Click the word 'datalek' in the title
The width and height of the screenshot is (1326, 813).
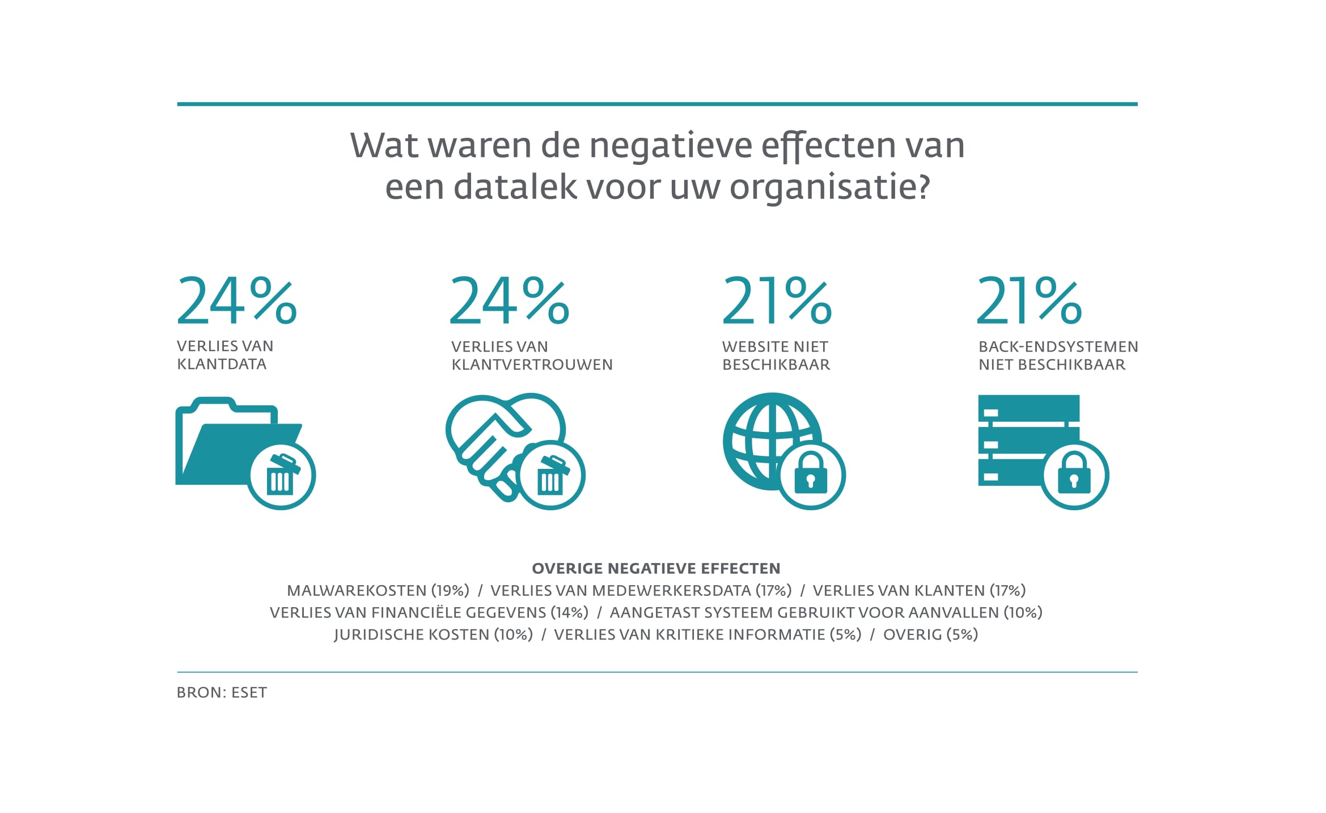515,187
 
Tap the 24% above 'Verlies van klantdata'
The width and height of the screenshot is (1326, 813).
237,300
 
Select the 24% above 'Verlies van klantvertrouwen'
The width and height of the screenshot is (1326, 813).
509,300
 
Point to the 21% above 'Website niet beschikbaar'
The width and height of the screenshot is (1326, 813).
777,300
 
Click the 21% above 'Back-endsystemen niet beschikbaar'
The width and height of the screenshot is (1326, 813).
1030,300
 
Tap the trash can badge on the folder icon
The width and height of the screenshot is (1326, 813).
281,475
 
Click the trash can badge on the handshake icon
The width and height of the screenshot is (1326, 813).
551,475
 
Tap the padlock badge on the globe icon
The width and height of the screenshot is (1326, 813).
811,475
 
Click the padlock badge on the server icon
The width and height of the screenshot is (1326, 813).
1074,475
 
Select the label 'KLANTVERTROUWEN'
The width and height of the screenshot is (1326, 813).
532,365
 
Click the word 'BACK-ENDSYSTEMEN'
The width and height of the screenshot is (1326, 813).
1058,346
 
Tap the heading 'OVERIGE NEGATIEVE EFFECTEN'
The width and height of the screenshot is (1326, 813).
656,568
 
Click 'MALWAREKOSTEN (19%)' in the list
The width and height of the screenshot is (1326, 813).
378,590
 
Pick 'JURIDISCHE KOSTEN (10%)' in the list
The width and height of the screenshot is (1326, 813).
434,634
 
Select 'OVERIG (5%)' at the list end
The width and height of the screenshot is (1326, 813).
931,634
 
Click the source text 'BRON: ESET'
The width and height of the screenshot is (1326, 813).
222,692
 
